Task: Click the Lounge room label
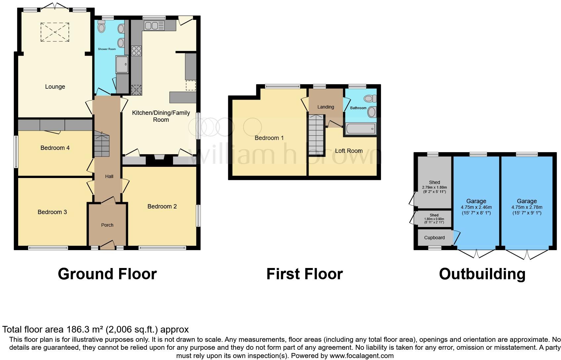(55, 87)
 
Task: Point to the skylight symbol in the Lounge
(55, 32)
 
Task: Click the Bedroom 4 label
(55, 148)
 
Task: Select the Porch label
(107, 225)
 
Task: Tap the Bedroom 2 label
(162, 206)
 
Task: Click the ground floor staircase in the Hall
(102, 144)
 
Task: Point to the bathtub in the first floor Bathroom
(361, 129)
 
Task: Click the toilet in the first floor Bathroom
(370, 99)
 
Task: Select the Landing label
(325, 107)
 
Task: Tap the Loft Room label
(349, 151)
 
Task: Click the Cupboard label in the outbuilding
(434, 238)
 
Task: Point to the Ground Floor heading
(107, 274)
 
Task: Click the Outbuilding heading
(482, 274)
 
